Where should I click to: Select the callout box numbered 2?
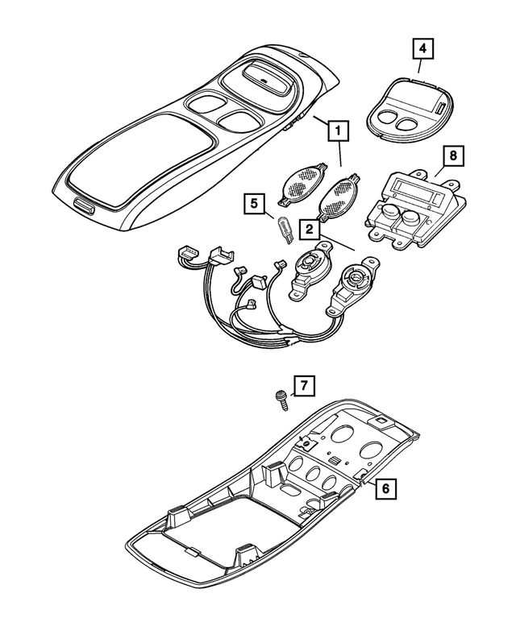pyautogui.click(x=309, y=230)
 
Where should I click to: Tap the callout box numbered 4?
pyautogui.click(x=420, y=50)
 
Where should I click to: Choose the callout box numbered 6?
pyautogui.click(x=386, y=487)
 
